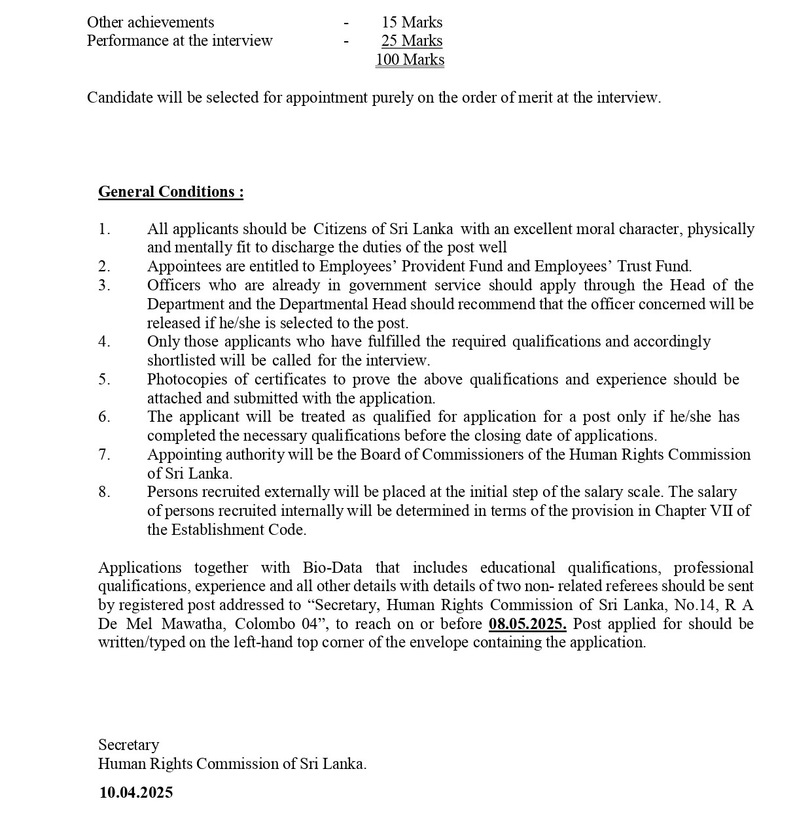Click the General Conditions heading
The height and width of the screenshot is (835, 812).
pyautogui.click(x=171, y=192)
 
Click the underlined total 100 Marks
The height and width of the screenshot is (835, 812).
pyautogui.click(x=410, y=60)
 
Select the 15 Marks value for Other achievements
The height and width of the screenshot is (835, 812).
pyautogui.click(x=412, y=22)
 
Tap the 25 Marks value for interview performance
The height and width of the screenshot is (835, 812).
pyautogui.click(x=412, y=41)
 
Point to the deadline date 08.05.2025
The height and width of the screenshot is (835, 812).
pyautogui.click(x=527, y=624)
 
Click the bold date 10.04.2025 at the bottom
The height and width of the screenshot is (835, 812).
pyautogui.click(x=136, y=792)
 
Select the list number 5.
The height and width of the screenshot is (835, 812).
pyautogui.click(x=104, y=379)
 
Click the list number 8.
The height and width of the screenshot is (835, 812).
pyautogui.click(x=104, y=492)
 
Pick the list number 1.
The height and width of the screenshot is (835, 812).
pyautogui.click(x=104, y=229)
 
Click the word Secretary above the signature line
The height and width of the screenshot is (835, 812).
pyautogui.click(x=129, y=745)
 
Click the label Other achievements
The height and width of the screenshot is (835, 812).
pyautogui.click(x=150, y=22)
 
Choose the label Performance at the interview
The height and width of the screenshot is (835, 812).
pyautogui.click(x=180, y=41)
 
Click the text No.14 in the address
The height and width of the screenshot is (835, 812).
pyautogui.click(x=693, y=605)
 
